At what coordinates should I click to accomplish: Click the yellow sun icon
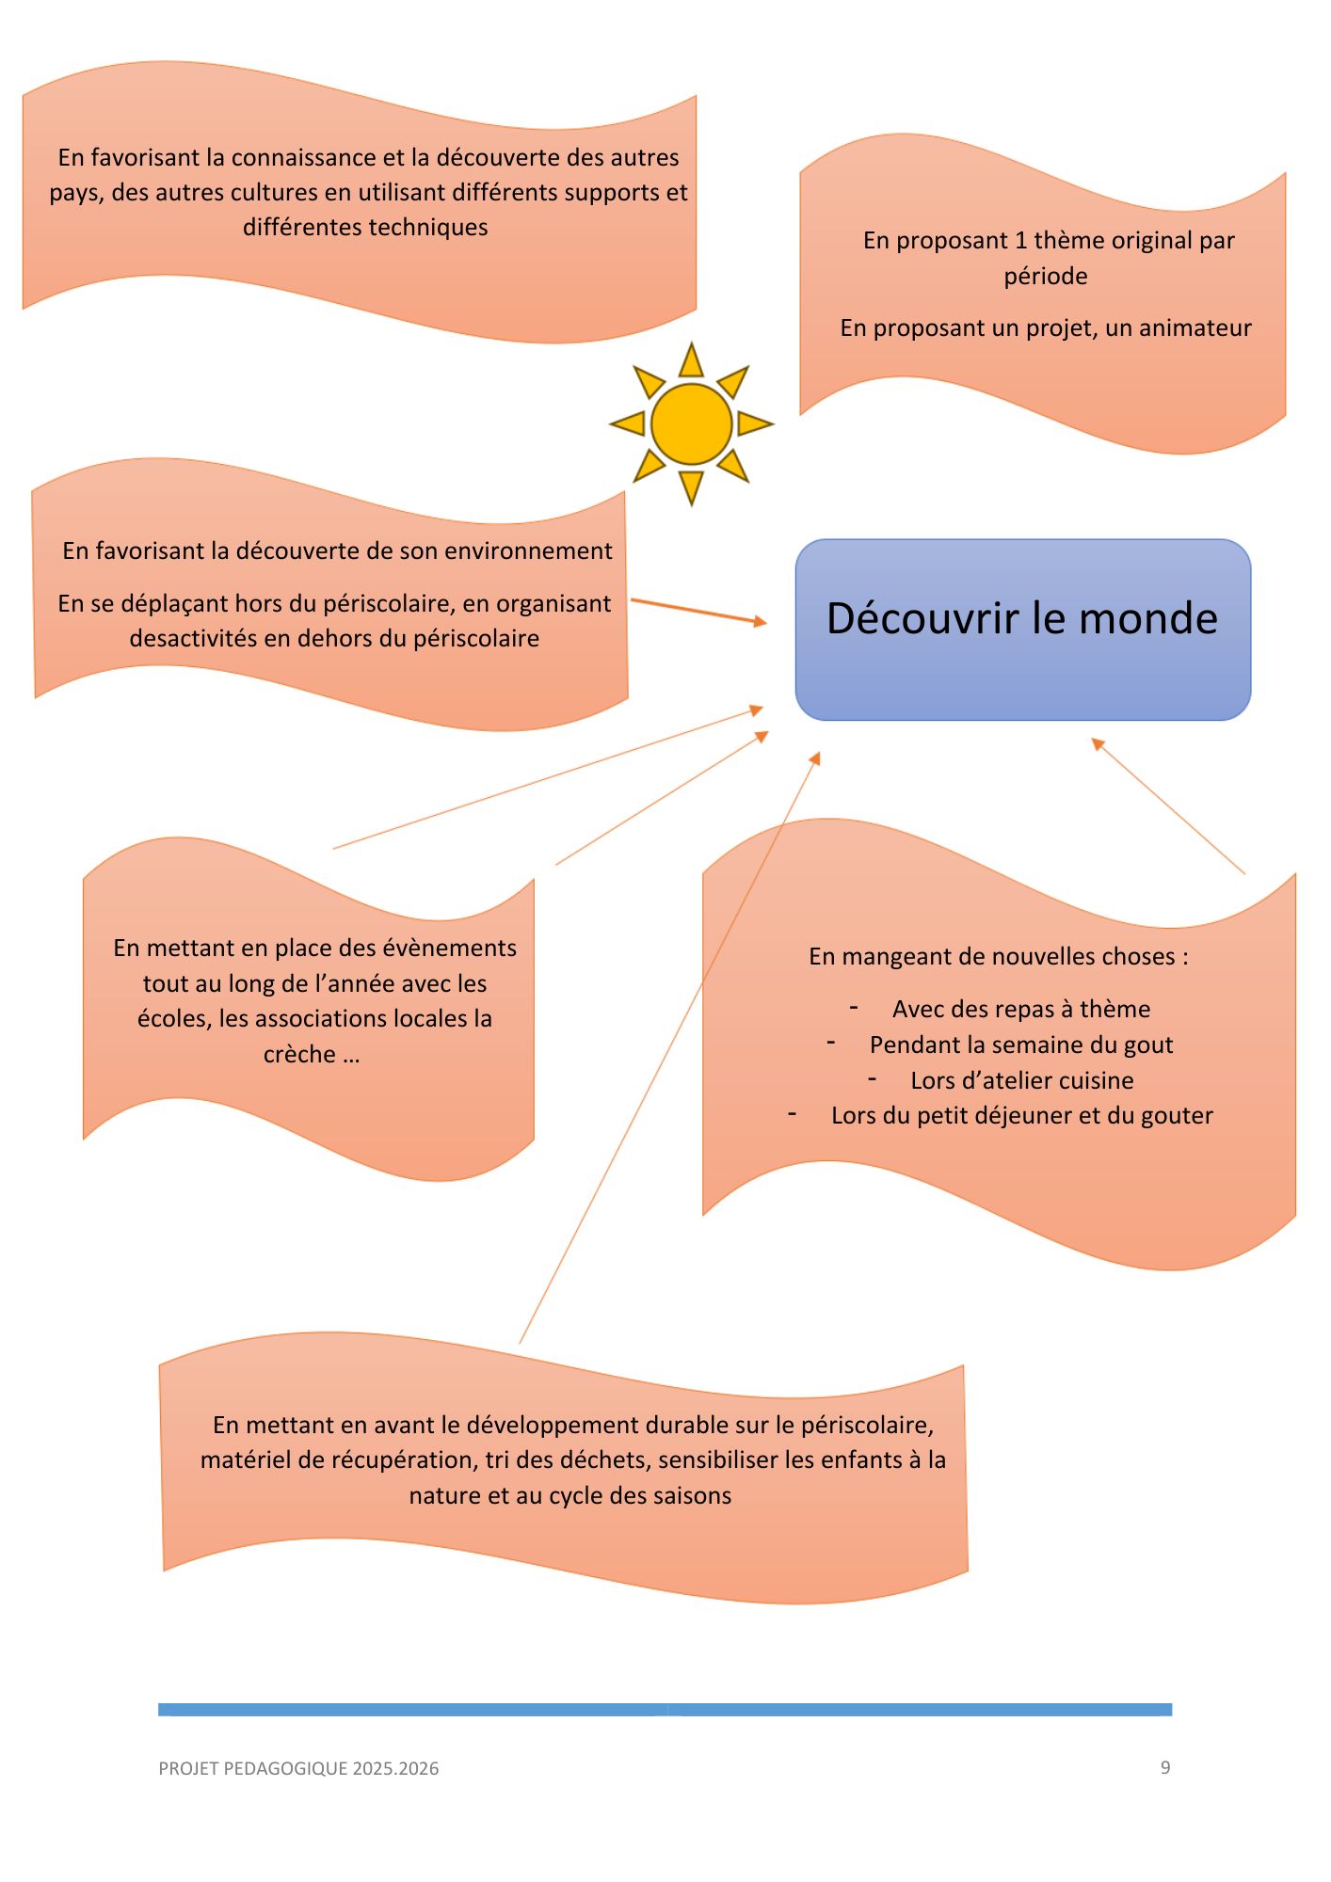[691, 423]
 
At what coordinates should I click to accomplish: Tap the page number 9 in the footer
[1165, 1767]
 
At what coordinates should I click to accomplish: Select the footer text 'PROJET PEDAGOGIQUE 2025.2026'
[298, 1768]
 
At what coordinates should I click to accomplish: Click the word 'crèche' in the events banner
[299, 1054]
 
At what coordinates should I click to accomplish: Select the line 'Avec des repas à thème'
[1021, 1009]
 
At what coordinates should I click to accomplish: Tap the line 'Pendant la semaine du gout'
[1021, 1045]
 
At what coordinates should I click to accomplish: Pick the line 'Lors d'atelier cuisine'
[1021, 1080]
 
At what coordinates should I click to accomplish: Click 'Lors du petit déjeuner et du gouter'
[1021, 1115]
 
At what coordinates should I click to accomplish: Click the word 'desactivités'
[193, 638]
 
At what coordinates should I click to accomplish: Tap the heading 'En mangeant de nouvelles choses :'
[999, 956]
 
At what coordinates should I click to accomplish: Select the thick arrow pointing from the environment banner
[698, 611]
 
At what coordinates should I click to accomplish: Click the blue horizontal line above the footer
[665, 1709]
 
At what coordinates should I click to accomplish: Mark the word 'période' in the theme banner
[1045, 276]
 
